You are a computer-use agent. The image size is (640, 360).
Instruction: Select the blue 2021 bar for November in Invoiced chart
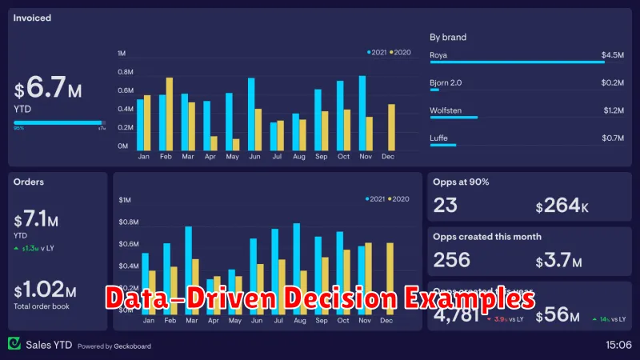coord(362,113)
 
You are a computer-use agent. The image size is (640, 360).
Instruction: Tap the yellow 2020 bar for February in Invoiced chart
coord(170,114)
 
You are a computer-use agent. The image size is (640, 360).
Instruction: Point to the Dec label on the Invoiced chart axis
coord(388,157)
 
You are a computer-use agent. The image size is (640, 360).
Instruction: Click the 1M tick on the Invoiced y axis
coord(122,53)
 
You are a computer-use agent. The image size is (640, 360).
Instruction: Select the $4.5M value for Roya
coord(613,55)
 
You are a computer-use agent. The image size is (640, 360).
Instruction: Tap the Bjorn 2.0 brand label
coord(446,82)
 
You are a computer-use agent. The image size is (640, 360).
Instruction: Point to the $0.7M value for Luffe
coord(613,138)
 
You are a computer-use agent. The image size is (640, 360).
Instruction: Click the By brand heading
coord(448,37)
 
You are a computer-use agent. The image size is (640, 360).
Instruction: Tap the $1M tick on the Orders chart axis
coord(125,199)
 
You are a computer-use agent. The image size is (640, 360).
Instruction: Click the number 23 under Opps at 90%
coord(446,206)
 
